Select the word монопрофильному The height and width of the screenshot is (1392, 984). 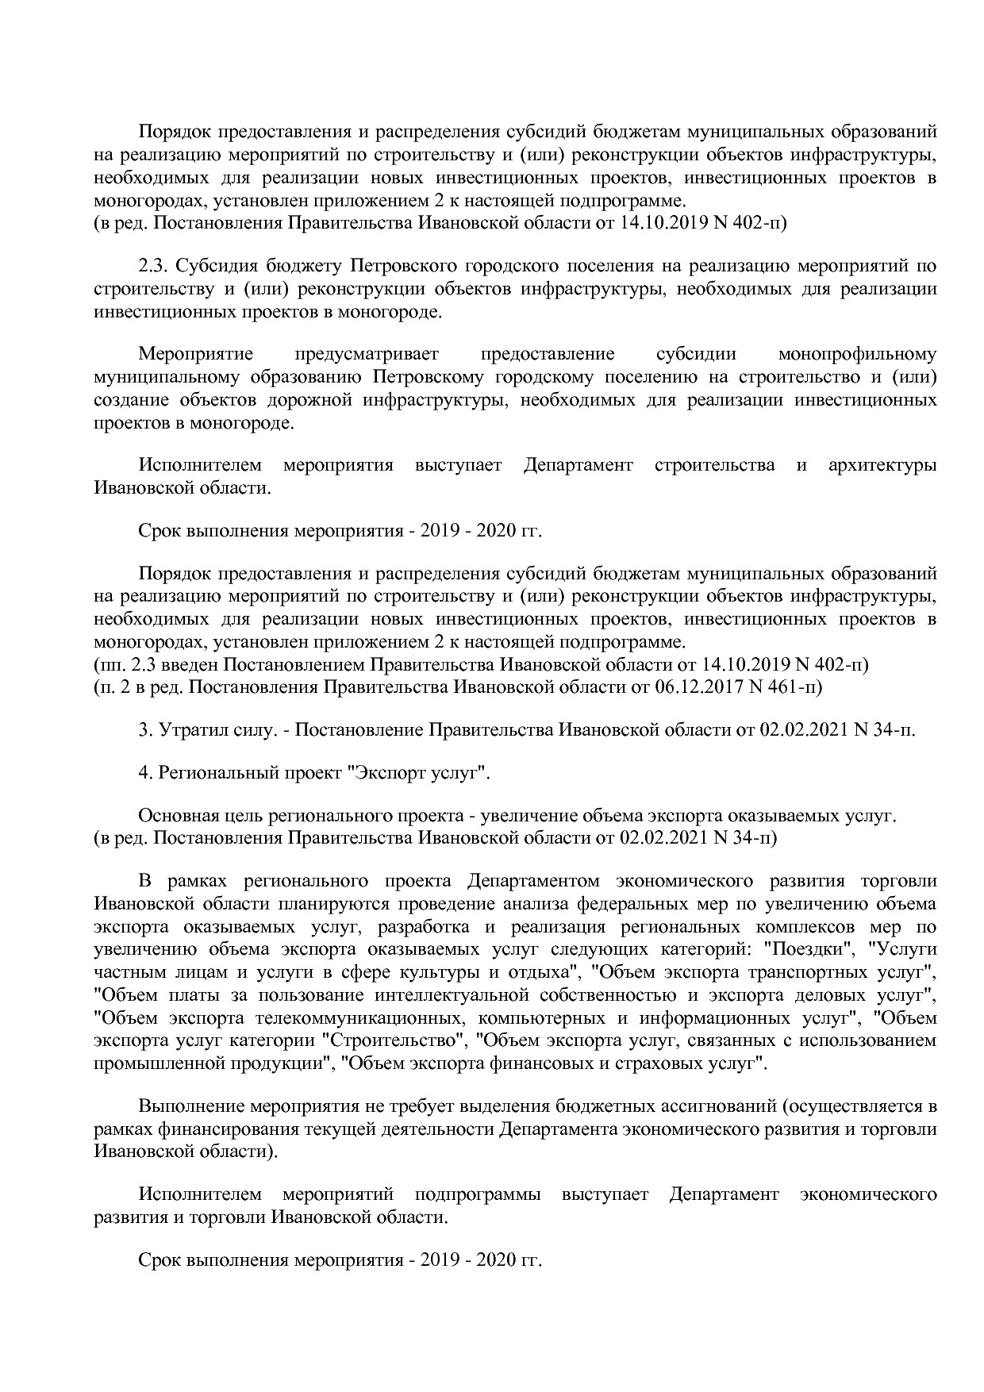pos(857,354)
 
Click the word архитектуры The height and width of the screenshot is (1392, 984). pos(882,466)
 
